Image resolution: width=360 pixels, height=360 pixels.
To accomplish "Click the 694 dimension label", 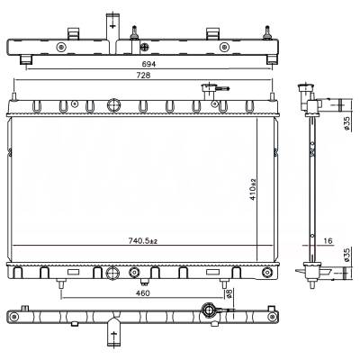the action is (149, 64).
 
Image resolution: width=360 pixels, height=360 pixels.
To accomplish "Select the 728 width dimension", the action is (143, 76).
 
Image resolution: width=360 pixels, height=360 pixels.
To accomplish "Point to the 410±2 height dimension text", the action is (253, 189).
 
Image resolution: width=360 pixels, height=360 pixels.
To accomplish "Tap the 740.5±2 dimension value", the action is (143, 240).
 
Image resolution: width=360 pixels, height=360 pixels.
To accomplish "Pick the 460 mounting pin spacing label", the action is (142, 293).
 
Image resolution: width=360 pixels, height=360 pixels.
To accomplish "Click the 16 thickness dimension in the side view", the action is (328, 241).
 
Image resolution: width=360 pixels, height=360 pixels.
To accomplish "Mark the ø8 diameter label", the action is (229, 293).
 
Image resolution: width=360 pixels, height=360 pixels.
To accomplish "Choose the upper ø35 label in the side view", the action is (346, 123).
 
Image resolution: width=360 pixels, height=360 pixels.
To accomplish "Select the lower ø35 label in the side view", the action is (346, 255).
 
